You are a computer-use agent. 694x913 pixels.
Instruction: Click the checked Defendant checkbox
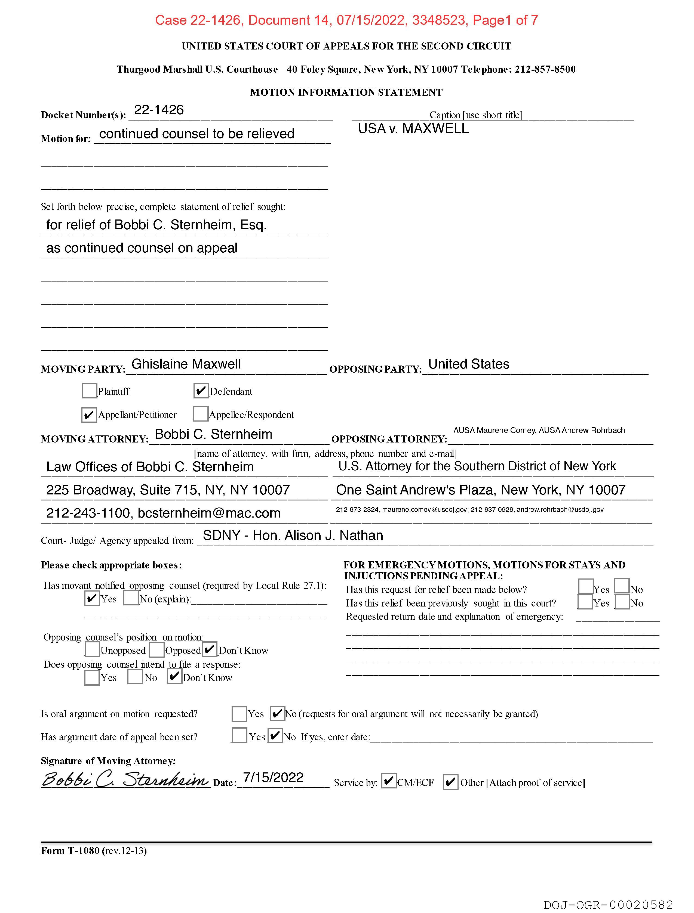click(x=201, y=391)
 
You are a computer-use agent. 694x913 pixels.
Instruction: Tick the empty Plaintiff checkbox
click(x=89, y=391)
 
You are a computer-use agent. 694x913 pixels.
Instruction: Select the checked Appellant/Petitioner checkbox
click(x=89, y=415)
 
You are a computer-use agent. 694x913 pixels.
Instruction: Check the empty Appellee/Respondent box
click(x=200, y=414)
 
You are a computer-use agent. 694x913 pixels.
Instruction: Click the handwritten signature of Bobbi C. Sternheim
click(x=125, y=779)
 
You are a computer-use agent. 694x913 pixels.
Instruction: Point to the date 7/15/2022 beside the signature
click(x=273, y=778)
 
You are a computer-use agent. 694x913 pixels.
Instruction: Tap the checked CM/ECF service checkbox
click(x=388, y=781)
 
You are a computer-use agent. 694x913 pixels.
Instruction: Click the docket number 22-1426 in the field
click(x=159, y=110)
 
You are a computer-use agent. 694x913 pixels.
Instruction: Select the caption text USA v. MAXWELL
click(x=413, y=129)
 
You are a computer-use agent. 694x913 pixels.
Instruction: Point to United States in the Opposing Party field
click(x=468, y=364)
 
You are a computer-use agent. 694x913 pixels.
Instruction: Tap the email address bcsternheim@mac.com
click(x=209, y=513)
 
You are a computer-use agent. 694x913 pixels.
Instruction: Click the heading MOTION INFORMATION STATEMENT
click(x=346, y=92)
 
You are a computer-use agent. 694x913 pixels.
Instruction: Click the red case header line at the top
click(x=346, y=20)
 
